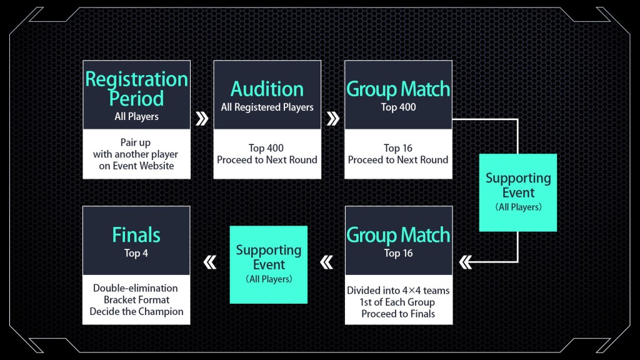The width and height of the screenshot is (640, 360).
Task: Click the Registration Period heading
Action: point(136,89)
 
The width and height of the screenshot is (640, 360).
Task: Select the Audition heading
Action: point(267,88)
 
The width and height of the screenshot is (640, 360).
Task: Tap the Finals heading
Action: point(136,235)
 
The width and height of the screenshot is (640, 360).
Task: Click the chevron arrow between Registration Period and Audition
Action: point(202,119)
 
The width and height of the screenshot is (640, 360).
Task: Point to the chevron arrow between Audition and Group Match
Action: point(333,119)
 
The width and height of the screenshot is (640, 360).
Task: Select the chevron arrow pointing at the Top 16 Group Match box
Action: point(465,262)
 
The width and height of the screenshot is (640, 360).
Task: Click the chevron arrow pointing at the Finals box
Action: point(210,262)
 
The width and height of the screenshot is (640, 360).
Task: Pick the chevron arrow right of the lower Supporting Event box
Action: point(326,262)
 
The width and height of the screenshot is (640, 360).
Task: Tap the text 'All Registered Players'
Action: point(267,107)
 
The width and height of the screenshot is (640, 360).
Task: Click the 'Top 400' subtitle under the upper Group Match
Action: point(398,107)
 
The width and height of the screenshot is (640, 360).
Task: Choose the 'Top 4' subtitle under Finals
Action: point(136,253)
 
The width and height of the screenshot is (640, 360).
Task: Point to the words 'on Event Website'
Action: point(136,166)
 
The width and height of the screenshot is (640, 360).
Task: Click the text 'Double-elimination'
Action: point(136,288)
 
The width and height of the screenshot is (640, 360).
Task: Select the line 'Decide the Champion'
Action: point(136,311)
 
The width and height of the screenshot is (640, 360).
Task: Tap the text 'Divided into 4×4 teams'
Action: point(398,291)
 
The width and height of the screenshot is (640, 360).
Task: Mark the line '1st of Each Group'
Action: point(398,302)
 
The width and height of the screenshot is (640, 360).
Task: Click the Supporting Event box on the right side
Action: point(518,192)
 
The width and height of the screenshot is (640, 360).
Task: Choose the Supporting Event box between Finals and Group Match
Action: point(269,264)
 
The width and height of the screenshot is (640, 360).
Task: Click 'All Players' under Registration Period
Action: point(136,116)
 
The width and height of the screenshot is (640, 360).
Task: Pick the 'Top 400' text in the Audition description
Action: point(266,148)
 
